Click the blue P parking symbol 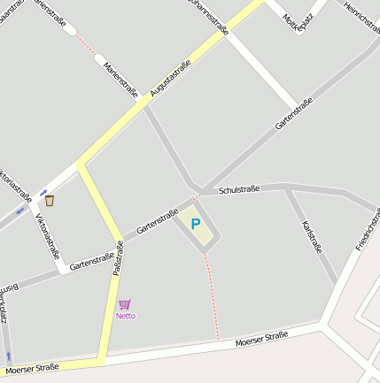[x=196, y=225]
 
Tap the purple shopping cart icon [x=125, y=304]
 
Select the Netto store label [x=126, y=316]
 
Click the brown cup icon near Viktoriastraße [x=50, y=201]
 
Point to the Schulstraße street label [x=238, y=190]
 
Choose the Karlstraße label [x=312, y=237]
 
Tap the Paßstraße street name [x=117, y=258]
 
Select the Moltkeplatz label [x=299, y=19]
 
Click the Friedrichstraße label [x=367, y=228]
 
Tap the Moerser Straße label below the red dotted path [x=262, y=339]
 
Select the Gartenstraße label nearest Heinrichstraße [x=293, y=113]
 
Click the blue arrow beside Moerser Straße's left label [x=9, y=356]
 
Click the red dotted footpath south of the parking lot [x=213, y=296]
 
